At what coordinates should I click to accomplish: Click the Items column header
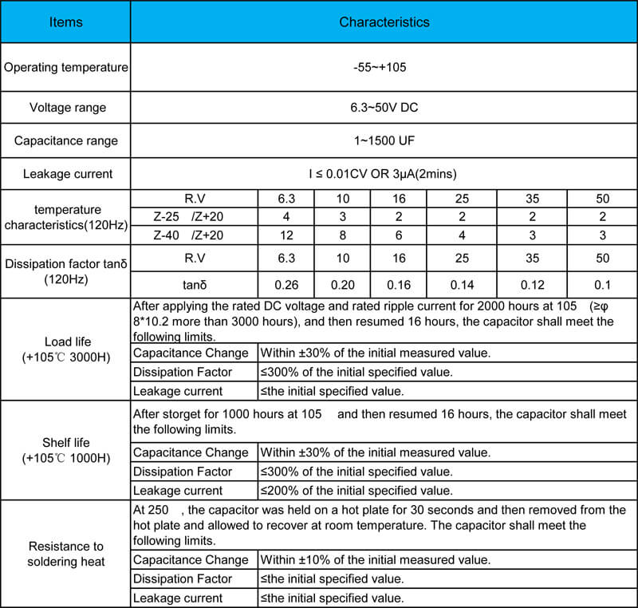coord(65,22)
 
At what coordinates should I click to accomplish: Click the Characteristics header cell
coord(384,22)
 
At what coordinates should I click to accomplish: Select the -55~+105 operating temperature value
coord(384,67)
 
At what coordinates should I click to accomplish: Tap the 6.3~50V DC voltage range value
coord(384,108)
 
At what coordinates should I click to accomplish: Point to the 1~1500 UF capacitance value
coord(384,140)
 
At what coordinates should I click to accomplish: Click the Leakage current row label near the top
coord(65,174)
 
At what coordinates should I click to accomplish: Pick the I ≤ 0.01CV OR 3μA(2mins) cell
coord(384,174)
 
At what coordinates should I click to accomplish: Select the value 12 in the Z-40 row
coord(286,235)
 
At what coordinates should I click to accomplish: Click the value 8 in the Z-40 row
coord(341,235)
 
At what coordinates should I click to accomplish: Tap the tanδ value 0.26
coord(286,284)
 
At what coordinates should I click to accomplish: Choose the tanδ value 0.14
coord(462,284)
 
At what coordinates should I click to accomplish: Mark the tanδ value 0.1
coord(602,284)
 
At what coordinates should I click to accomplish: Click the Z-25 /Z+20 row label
coord(194,216)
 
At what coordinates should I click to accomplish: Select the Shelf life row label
coord(65,450)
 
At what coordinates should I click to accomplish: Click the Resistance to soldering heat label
coord(65,554)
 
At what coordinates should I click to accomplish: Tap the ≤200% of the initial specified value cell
coord(356,490)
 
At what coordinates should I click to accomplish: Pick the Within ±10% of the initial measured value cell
coord(375,560)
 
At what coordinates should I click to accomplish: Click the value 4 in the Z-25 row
coord(286,216)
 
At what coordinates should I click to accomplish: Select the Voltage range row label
coord(65,108)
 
